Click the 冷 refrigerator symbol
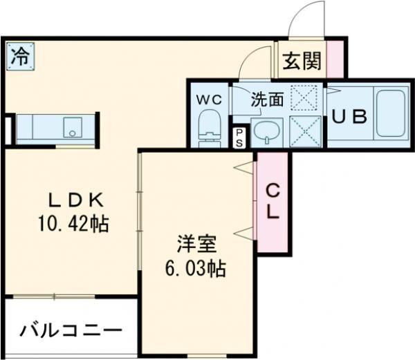[x=20, y=56]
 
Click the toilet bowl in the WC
[x=207, y=129]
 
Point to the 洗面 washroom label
[x=267, y=99]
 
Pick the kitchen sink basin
[x=71, y=128]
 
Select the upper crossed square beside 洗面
[x=302, y=98]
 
